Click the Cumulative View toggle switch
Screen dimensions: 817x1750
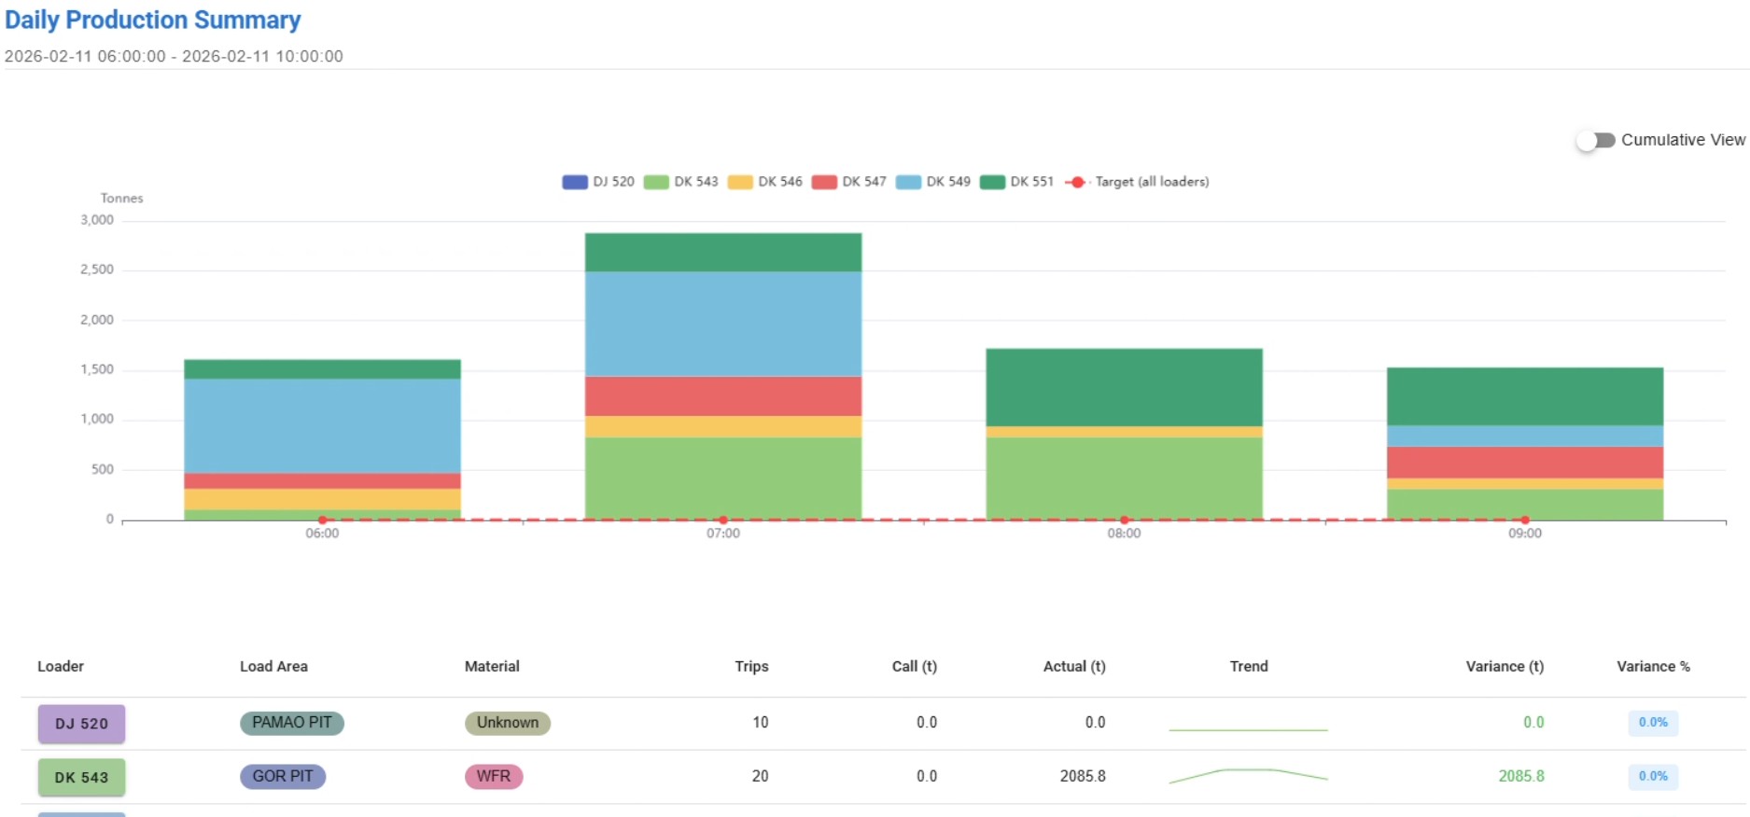coord(1596,140)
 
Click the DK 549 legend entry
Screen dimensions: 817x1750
coord(933,182)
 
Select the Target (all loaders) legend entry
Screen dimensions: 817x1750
coord(1138,182)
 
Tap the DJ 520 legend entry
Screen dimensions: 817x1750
coord(598,182)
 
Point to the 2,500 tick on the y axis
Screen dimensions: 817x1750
coord(97,270)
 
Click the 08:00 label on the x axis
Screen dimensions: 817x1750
coord(1124,533)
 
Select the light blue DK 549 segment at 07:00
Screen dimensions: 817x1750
coord(723,324)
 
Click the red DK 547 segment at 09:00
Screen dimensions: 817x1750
coord(1524,462)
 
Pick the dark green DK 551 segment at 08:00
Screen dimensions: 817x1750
coord(1124,387)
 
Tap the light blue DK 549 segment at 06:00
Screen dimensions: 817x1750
coord(322,425)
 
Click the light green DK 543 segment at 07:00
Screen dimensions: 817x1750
coord(723,478)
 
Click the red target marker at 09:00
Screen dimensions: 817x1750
coord(1525,519)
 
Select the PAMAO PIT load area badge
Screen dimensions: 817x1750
coord(291,723)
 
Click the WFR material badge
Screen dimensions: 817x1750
coord(493,776)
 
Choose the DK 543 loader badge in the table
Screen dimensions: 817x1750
coord(81,777)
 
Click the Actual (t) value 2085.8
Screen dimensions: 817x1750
coord(1082,776)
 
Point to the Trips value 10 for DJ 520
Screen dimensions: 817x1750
coord(760,722)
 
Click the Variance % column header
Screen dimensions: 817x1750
coord(1653,666)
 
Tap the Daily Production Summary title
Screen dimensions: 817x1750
coord(153,20)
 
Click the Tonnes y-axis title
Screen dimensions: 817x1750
coord(121,198)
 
